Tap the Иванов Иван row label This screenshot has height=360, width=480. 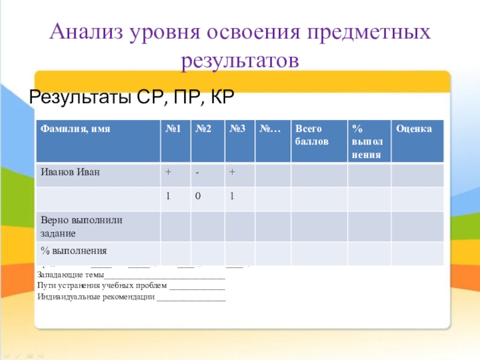point(70,172)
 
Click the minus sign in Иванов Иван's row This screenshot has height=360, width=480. point(196,173)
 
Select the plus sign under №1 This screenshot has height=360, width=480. point(169,172)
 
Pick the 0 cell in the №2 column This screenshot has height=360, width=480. point(197,196)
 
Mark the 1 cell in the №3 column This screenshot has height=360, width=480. point(232,196)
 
